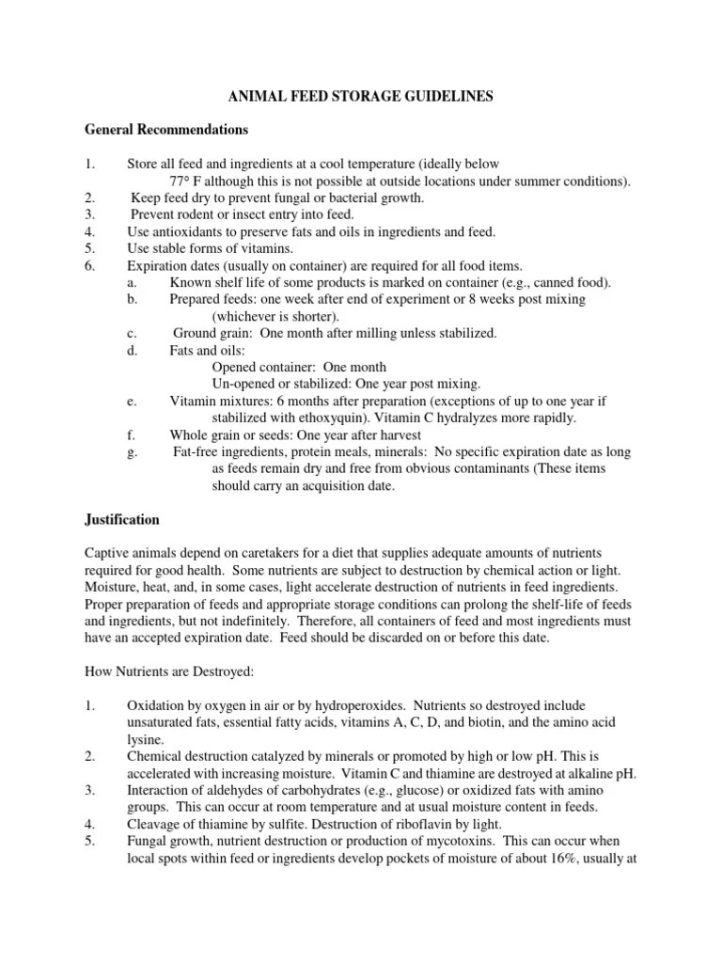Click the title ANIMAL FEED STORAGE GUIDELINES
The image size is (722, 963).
coord(361,95)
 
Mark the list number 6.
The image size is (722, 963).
coord(88,265)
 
